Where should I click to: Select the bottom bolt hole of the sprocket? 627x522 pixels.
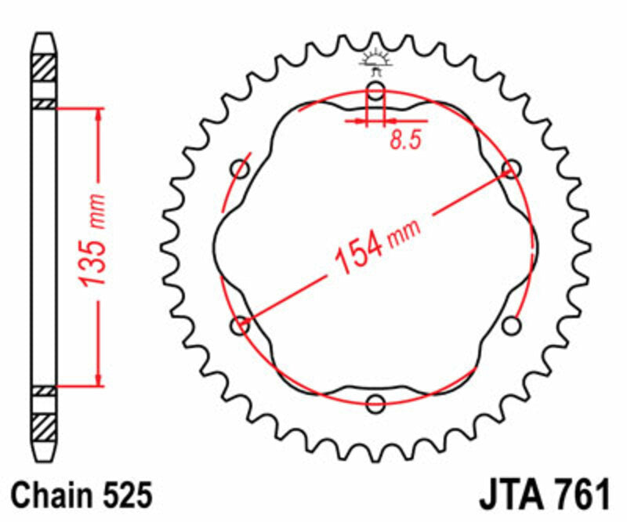[376, 404]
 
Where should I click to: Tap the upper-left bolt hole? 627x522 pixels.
[240, 169]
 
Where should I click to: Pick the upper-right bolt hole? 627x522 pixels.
[513, 168]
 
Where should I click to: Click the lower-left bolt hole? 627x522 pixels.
[241, 324]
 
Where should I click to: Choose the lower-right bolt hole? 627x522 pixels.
[513, 324]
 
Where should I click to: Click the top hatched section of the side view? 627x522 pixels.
[44, 66]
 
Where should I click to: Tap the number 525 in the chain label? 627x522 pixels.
[124, 496]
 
